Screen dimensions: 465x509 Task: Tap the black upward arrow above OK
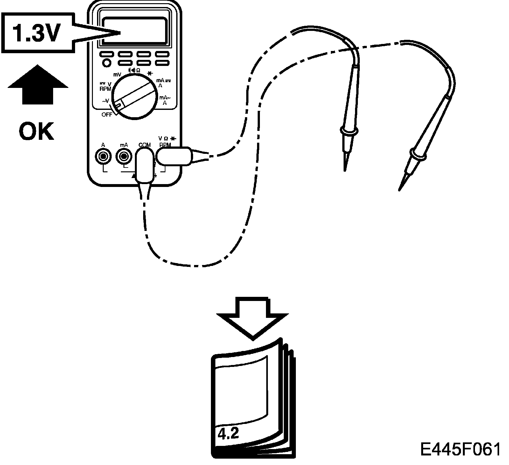point(38,84)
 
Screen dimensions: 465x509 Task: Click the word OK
point(36,132)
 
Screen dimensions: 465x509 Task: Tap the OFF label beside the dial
point(107,115)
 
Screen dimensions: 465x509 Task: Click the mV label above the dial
point(118,75)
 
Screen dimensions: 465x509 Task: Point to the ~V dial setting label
point(106,101)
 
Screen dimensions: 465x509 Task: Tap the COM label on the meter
point(144,145)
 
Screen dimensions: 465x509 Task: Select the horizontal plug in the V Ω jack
point(173,156)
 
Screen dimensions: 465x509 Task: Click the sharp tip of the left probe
point(345,169)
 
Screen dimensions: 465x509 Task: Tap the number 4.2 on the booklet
point(228,434)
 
